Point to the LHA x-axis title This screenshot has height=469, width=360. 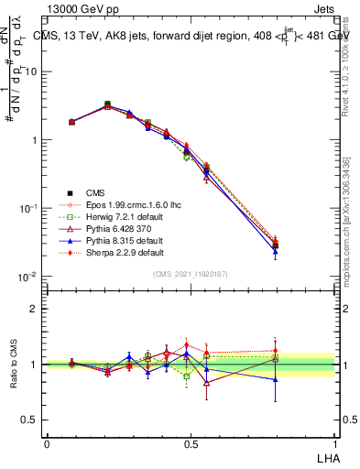click(325, 456)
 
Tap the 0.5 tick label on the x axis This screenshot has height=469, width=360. click(191, 443)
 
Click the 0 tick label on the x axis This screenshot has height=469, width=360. click(47, 443)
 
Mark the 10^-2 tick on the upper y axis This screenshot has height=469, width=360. click(29, 277)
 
